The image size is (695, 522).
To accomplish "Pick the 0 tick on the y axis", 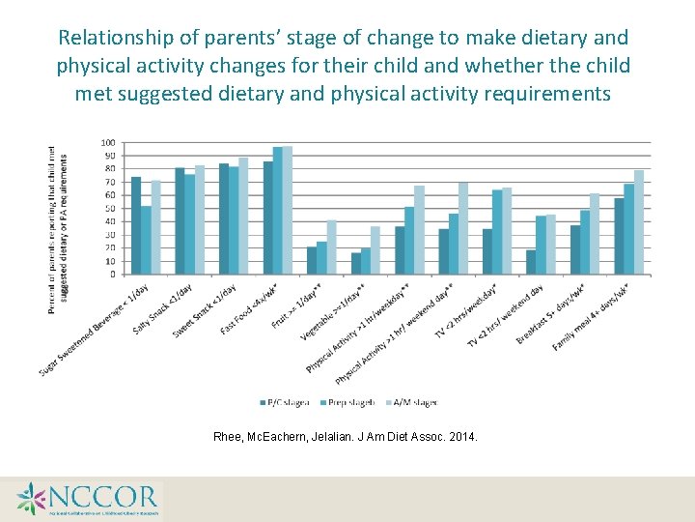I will [x=112, y=275].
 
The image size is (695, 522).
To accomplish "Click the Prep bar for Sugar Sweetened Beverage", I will [x=146, y=241].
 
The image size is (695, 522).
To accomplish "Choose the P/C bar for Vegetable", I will [x=355, y=264].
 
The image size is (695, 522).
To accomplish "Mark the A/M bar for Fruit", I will [x=331, y=247].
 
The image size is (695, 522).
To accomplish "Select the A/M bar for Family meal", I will [x=639, y=222].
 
